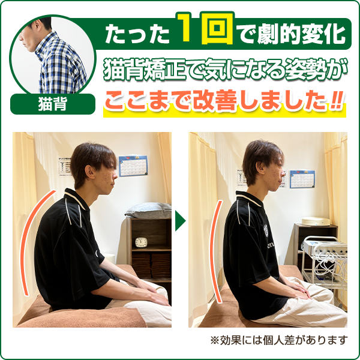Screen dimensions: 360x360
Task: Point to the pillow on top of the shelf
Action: [x=148, y=211]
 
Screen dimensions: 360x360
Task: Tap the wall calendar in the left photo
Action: [x=132, y=166]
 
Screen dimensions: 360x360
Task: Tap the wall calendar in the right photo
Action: [x=302, y=178]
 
